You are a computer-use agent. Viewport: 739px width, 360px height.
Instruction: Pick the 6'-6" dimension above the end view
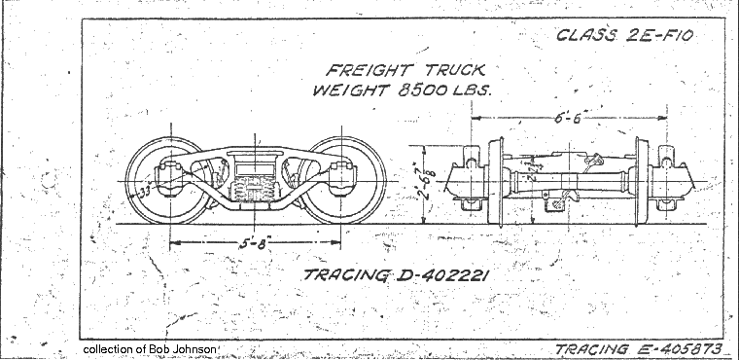click(572, 116)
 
